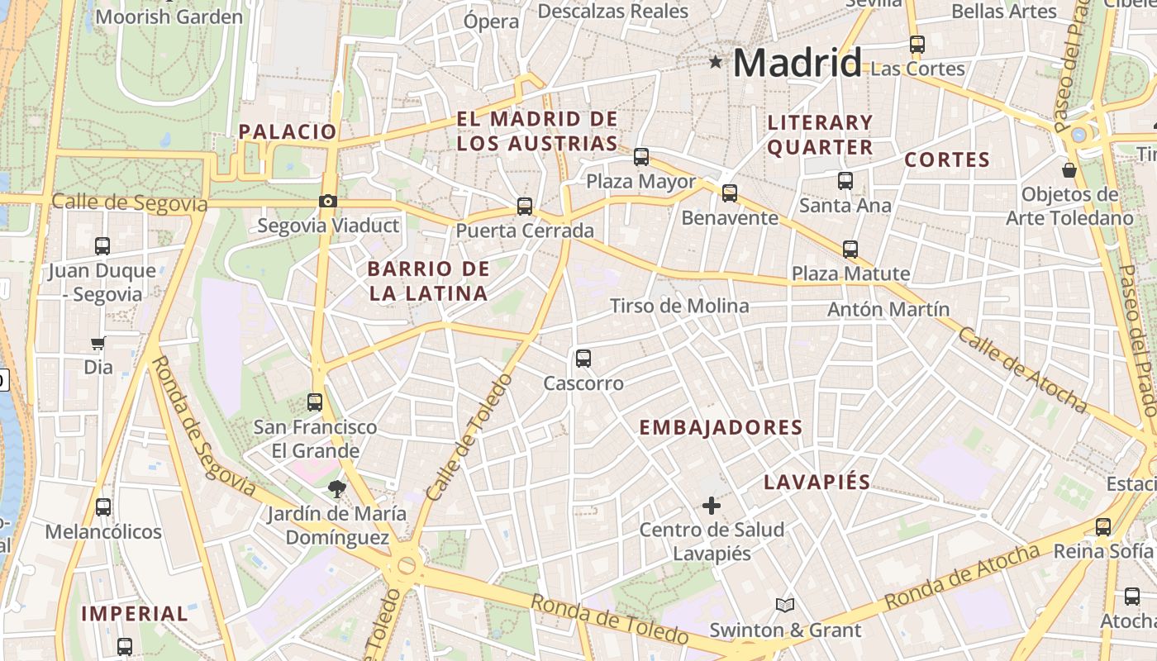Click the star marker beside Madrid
716,62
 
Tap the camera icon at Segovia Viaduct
328,202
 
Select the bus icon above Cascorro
583,359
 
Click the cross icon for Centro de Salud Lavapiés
711,505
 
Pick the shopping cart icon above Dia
98,343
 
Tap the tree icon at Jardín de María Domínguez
336,489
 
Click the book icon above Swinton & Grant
785,606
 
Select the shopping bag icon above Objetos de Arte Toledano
1069,170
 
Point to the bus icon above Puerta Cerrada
525,207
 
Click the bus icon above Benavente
730,193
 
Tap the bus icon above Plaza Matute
850,249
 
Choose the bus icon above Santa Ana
845,181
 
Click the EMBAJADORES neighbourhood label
721,428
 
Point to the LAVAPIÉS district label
817,483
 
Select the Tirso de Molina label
679,307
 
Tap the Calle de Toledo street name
469,438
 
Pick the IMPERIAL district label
135,614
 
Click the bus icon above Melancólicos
103,507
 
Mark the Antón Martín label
888,310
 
